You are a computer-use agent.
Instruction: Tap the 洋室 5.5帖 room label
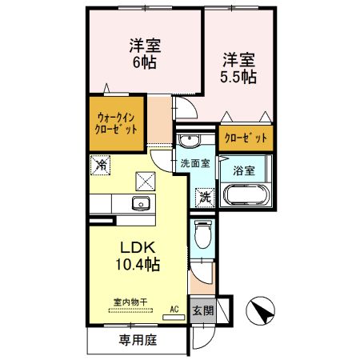238,68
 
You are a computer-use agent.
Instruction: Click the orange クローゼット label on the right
246,138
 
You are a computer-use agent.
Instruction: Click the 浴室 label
243,170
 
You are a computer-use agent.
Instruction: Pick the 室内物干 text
129,302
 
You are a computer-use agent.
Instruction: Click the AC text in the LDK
174,308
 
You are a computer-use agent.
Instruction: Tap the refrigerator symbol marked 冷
102,166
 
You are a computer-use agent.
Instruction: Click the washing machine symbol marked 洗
204,194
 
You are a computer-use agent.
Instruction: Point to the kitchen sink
140,203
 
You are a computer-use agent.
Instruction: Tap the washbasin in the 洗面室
190,142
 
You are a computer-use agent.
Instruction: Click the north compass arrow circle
262,310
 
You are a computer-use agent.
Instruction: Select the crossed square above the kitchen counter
145,180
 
